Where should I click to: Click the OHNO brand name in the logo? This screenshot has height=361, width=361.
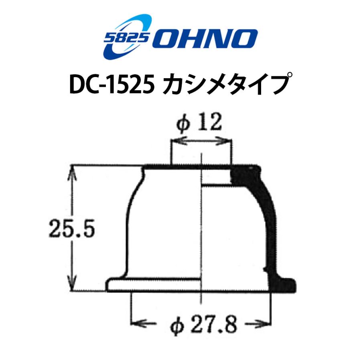point(204,39)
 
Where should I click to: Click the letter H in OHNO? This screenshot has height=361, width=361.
point(191,39)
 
